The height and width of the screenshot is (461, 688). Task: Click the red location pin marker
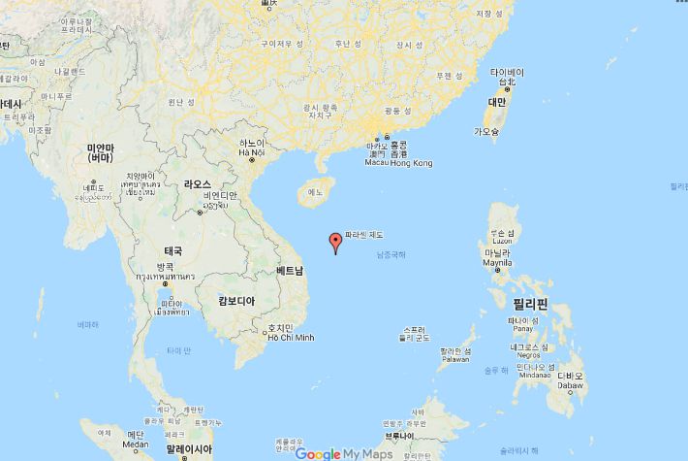point(335,243)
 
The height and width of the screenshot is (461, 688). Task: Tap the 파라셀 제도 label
point(364,235)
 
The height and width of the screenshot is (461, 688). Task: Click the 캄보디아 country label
point(235,302)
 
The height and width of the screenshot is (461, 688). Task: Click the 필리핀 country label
point(530,304)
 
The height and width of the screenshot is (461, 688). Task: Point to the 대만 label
point(496,101)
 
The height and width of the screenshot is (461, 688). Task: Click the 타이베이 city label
point(507,73)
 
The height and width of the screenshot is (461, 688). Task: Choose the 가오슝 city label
point(485,130)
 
